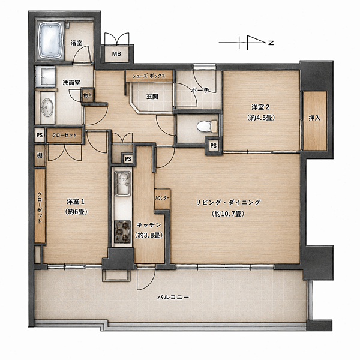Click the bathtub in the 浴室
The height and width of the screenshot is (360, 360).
(50, 40)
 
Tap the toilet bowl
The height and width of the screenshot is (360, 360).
(207, 127)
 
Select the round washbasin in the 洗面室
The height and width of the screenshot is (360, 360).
(47, 107)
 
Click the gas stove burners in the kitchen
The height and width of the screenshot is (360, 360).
(122, 232)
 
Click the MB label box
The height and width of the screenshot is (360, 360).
(116, 54)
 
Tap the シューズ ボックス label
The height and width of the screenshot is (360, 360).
(149, 76)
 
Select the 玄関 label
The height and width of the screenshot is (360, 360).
(152, 97)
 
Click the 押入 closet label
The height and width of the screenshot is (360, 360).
(314, 118)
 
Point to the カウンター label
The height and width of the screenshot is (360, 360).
(162, 198)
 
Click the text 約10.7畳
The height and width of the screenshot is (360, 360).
(228, 214)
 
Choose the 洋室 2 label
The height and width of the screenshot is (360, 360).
(260, 107)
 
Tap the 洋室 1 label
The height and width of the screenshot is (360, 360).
(76, 202)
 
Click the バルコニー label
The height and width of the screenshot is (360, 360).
(173, 298)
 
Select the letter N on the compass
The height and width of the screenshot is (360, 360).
(271, 43)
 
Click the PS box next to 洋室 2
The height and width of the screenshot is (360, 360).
(214, 146)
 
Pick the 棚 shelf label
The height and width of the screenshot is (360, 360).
(40, 155)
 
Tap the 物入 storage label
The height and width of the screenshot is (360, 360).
(88, 95)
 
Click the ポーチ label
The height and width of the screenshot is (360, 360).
(200, 91)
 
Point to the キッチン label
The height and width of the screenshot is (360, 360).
(149, 225)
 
